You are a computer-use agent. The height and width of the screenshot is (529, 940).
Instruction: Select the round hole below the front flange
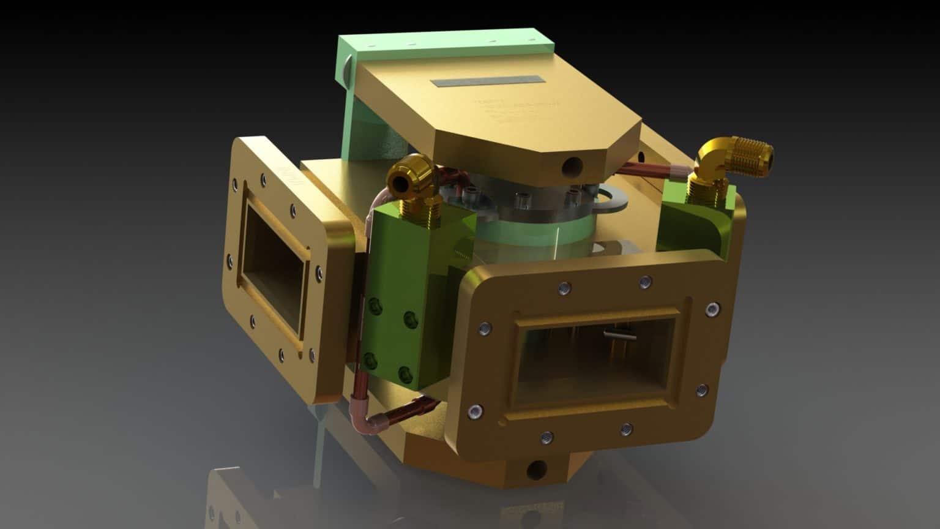coord(537,470)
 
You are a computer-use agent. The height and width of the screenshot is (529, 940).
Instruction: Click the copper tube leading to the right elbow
coord(649,168)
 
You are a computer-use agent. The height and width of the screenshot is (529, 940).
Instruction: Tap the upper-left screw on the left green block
coord(373,305)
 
